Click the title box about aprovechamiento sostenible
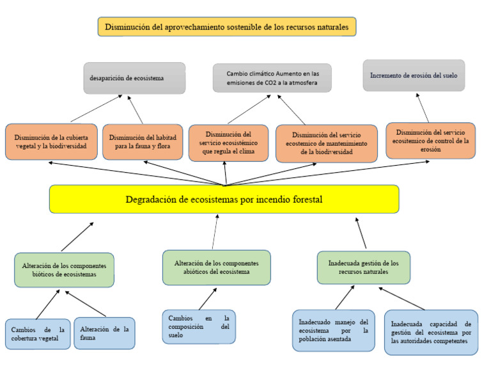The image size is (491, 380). point(226,27)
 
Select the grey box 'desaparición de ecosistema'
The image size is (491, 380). point(134,78)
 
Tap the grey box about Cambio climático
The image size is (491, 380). point(272,78)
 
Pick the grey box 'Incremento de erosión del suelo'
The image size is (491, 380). point(414,75)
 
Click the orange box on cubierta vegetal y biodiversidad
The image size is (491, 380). point(51,141)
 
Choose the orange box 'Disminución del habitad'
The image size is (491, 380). point(143,141)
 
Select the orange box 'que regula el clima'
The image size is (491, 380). point(228,143)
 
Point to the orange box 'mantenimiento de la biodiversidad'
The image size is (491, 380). point(326,143)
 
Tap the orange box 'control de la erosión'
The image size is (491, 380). point(430,141)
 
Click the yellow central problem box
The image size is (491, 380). point(224,200)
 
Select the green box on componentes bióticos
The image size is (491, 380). point(64,269)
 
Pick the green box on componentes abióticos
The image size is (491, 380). point(216,267)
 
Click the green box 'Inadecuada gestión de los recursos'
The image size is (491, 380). point(363,267)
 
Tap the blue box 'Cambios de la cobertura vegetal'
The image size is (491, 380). point(38,333)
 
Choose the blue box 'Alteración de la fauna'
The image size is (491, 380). point(104,333)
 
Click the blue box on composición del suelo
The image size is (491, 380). point(198,326)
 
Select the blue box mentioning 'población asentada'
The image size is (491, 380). point(333,330)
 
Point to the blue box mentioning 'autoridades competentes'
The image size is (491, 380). point(431,333)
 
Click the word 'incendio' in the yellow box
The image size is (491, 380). point(265,200)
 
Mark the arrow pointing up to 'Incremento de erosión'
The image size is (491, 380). point(422,107)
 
